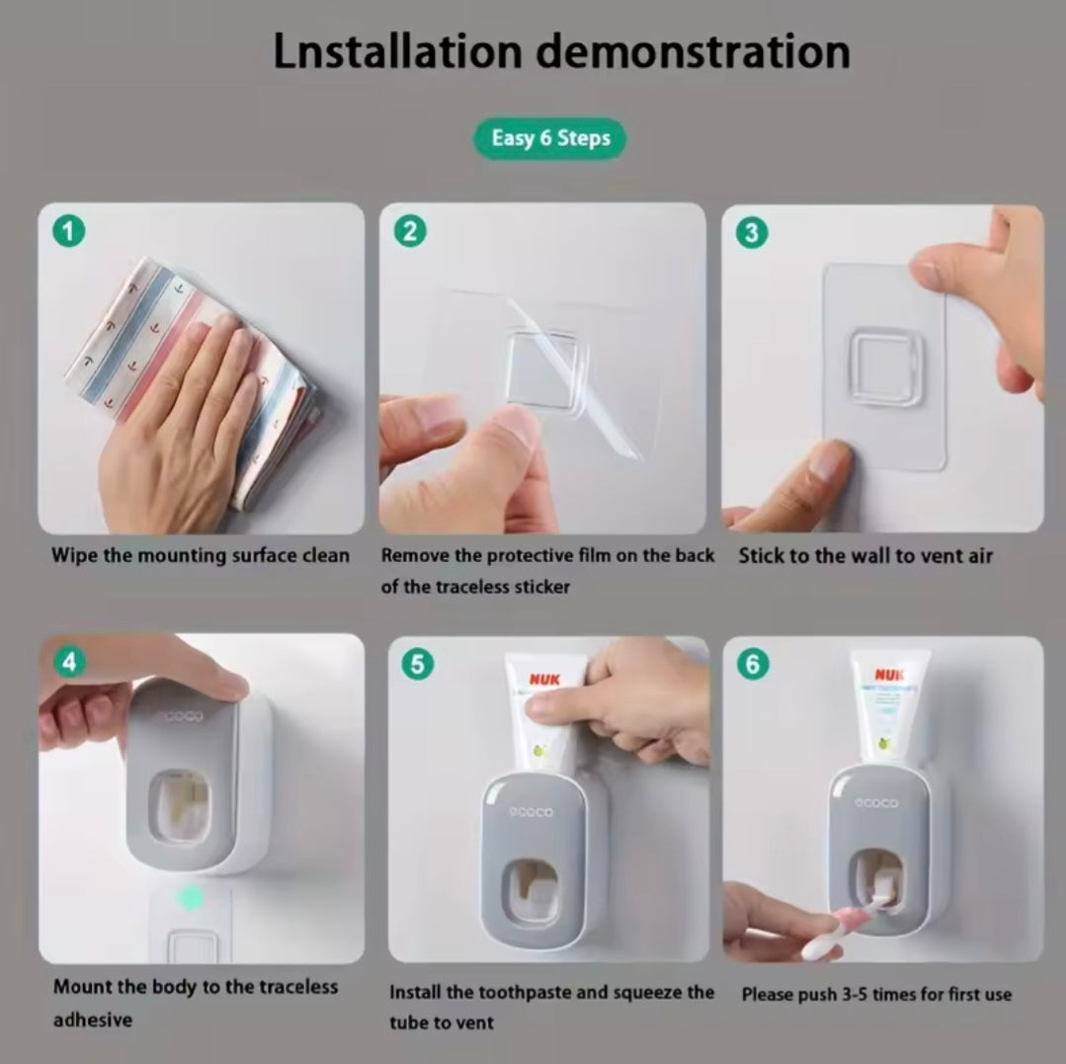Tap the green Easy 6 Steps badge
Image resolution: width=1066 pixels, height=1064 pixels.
[550, 138]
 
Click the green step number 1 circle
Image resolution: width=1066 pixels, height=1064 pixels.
[68, 233]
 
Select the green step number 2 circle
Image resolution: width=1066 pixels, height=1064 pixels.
[409, 232]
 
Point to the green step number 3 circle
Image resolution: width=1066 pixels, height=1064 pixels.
[752, 233]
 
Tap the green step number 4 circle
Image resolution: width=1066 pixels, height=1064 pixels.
[68, 662]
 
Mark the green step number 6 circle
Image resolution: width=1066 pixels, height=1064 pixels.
[753, 664]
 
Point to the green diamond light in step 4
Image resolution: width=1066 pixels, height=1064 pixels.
[191, 897]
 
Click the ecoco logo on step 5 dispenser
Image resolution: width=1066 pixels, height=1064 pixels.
[532, 812]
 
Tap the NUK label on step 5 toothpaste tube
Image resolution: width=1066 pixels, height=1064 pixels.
[544, 680]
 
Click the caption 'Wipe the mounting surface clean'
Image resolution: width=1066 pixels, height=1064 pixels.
[201, 555]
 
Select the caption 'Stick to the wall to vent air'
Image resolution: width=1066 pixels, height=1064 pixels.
[865, 555]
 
